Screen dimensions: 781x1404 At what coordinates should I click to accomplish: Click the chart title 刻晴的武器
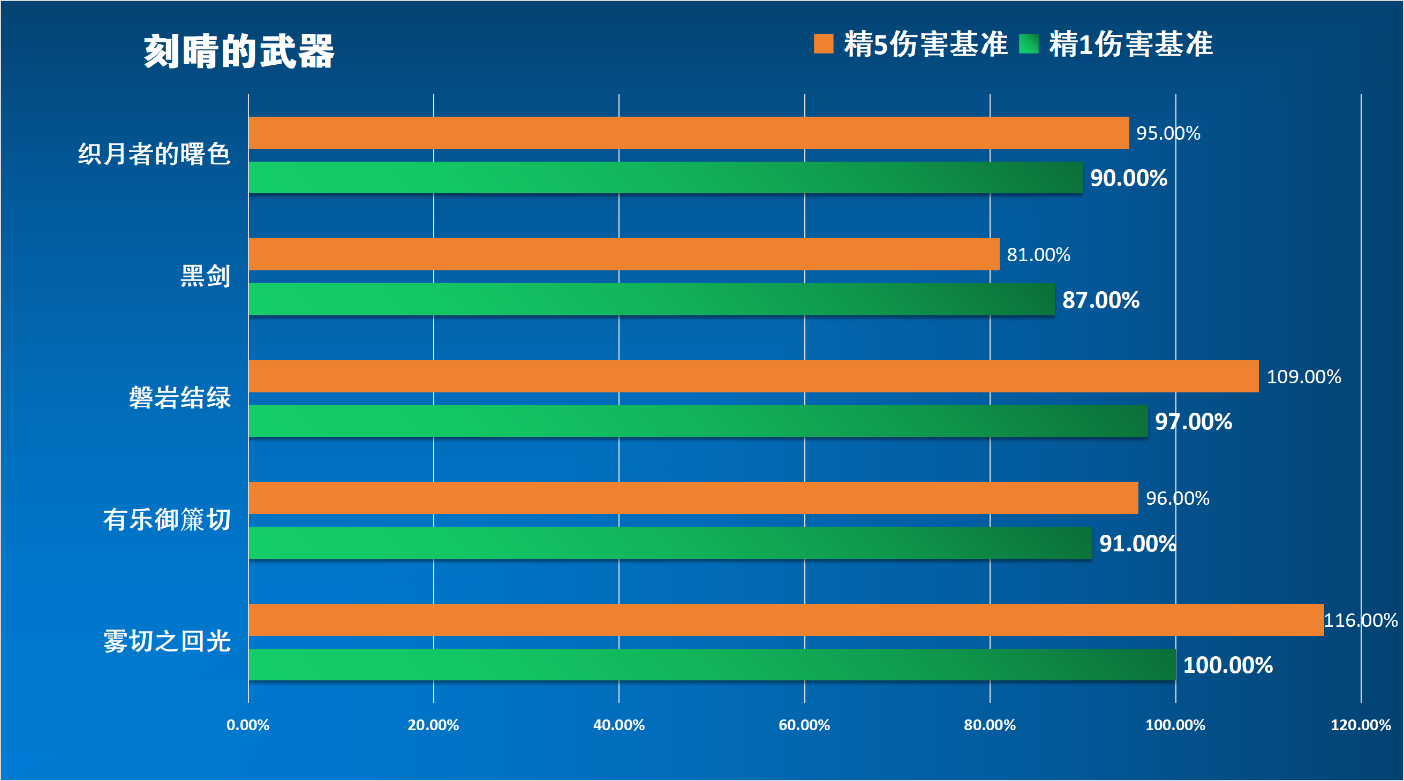(239, 51)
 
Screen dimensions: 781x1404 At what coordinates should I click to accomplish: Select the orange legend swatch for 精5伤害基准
(823, 43)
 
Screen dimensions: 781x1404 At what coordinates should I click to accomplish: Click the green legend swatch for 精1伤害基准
(1029, 43)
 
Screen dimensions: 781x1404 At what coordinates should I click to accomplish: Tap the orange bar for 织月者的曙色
(689, 132)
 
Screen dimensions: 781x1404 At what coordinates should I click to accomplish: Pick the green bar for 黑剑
(651, 299)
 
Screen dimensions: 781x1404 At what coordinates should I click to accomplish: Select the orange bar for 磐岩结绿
(753, 376)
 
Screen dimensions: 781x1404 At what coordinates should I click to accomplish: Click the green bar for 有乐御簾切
(670, 543)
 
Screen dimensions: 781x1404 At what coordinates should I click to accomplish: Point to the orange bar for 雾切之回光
(786, 620)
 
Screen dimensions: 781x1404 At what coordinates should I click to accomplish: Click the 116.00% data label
(1361, 620)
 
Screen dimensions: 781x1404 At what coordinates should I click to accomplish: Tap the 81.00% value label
(1038, 254)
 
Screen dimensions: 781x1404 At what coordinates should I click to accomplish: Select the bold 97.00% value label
(1193, 421)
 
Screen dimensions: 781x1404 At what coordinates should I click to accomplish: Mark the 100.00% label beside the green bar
(1227, 665)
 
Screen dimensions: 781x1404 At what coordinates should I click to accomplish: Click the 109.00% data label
(1303, 377)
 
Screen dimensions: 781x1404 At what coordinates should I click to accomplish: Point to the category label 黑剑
(206, 276)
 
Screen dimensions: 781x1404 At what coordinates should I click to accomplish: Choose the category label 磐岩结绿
(180, 397)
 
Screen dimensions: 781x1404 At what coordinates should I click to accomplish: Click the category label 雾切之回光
(167, 641)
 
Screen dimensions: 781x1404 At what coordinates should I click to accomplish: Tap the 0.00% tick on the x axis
(248, 725)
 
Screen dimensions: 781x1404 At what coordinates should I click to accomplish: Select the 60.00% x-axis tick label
(804, 725)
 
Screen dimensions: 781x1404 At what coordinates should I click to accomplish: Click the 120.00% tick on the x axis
(1361, 725)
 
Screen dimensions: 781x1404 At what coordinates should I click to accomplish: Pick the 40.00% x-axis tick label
(618, 725)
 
